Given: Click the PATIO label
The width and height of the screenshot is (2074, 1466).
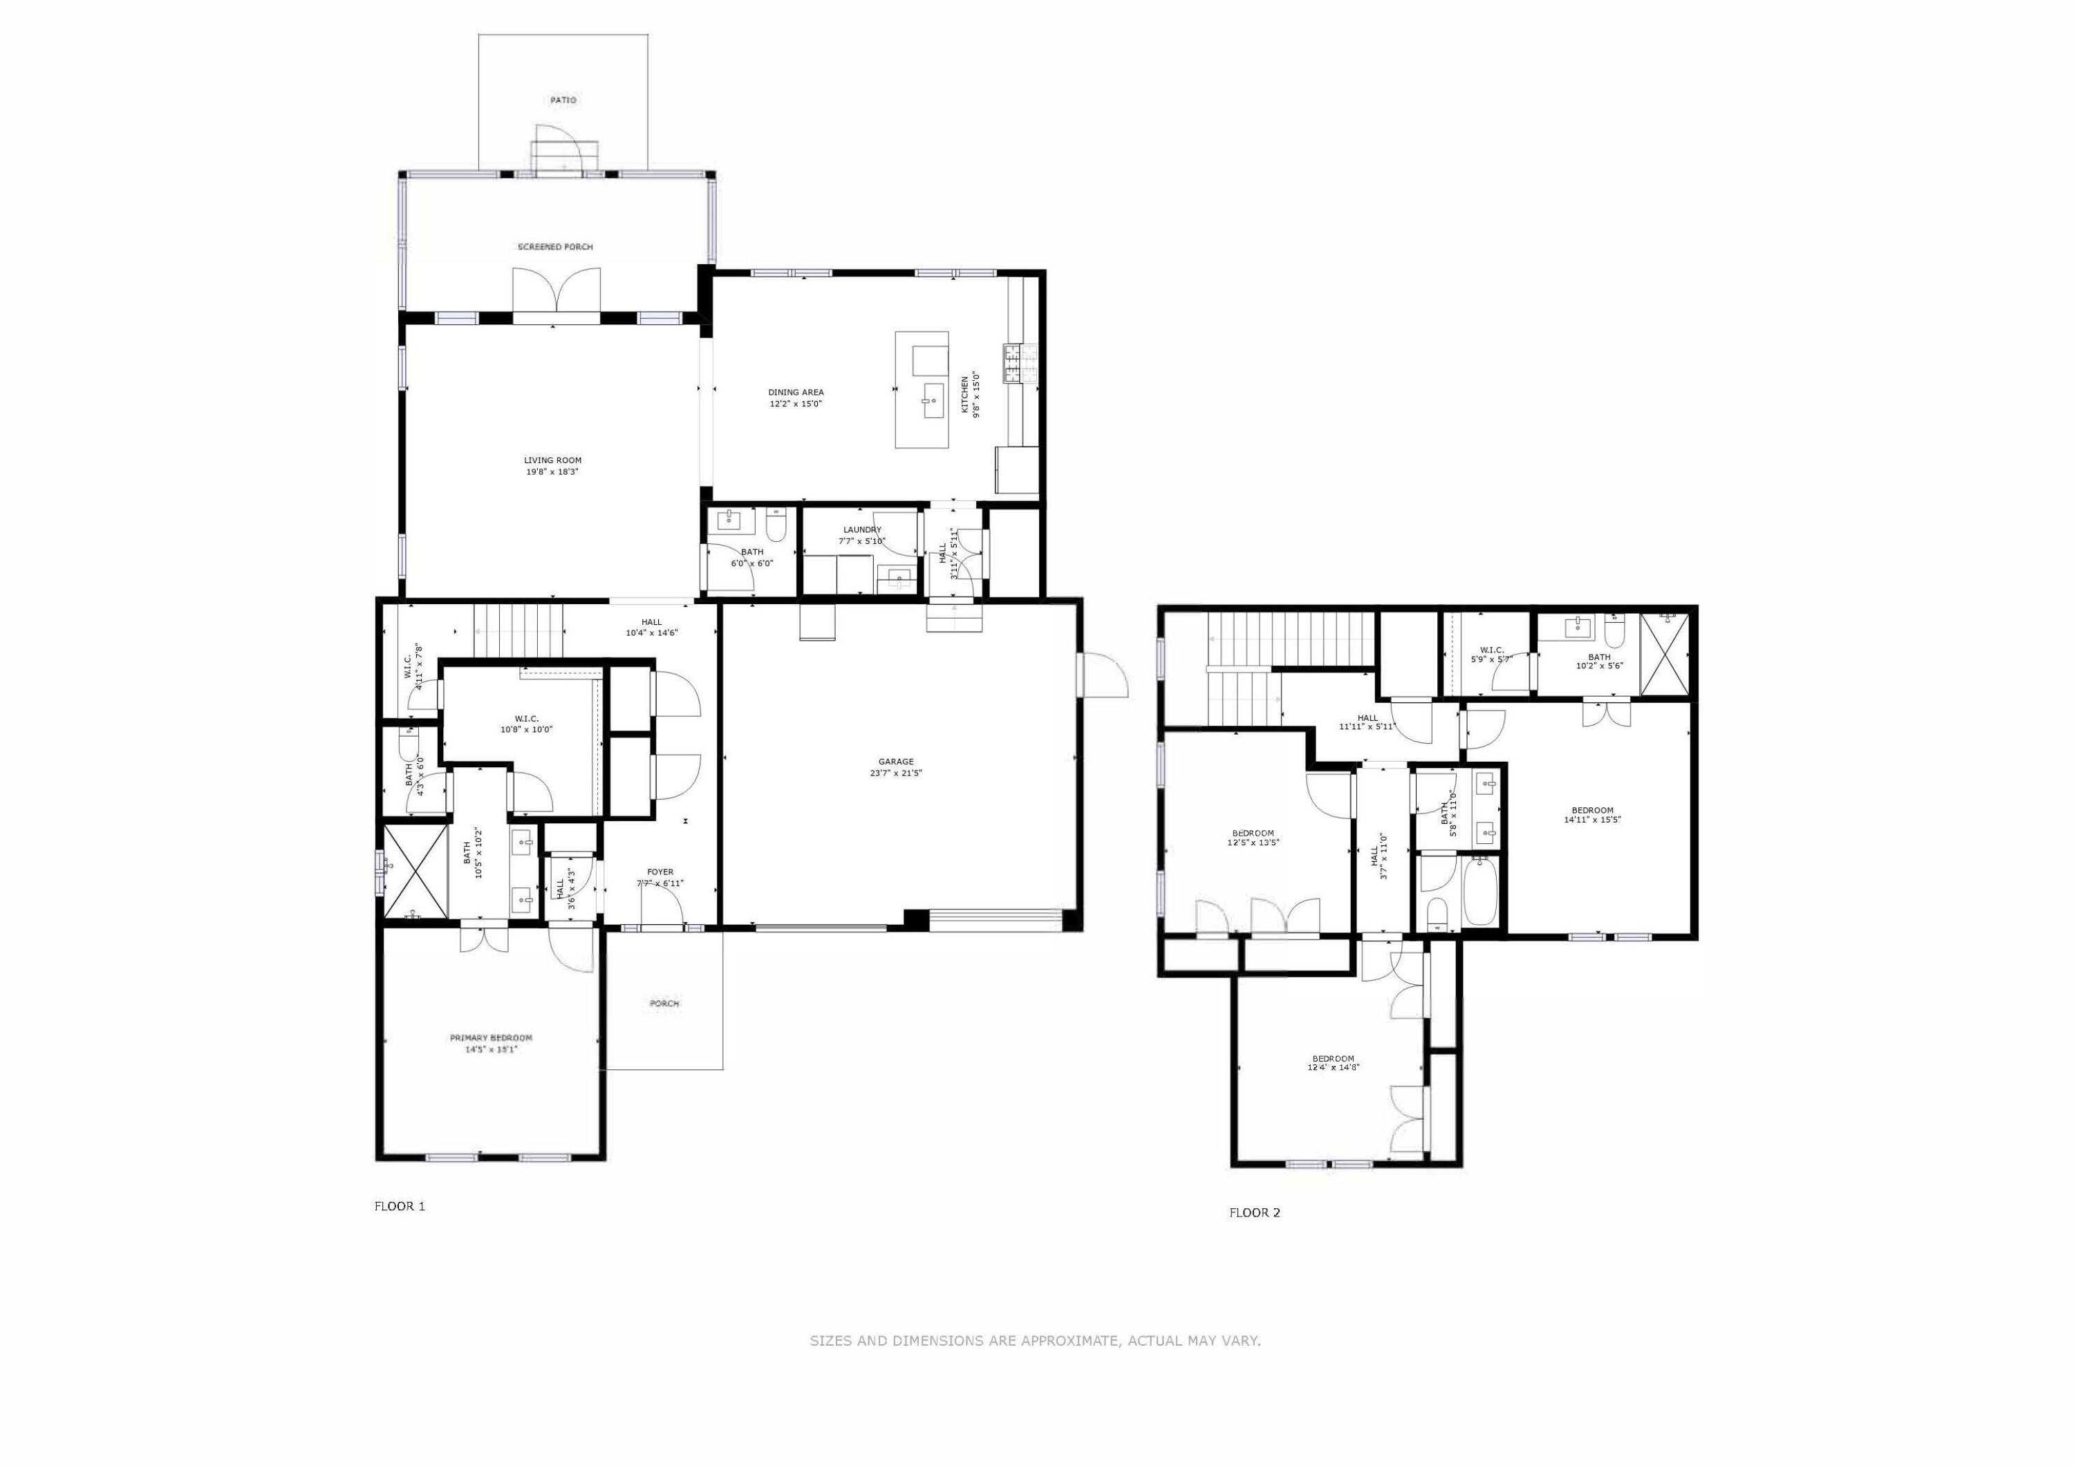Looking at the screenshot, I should (563, 100).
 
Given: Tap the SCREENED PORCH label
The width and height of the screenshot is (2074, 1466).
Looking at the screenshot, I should (554, 247).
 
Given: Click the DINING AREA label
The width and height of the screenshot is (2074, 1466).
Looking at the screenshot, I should (796, 392).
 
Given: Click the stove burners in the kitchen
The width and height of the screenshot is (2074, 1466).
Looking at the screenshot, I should (1011, 364).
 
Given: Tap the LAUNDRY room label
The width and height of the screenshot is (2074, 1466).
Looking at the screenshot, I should (862, 530).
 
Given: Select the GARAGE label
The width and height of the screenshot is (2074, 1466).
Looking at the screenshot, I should (895, 762).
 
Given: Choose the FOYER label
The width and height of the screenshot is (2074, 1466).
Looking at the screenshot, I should (660, 872).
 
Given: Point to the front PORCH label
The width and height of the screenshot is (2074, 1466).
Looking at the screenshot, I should (664, 1004).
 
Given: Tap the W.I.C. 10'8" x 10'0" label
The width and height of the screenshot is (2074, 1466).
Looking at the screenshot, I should (527, 719).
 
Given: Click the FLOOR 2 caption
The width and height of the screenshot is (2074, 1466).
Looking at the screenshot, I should (1254, 1213).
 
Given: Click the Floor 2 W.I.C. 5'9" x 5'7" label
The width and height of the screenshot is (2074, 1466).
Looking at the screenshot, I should (1491, 650).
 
